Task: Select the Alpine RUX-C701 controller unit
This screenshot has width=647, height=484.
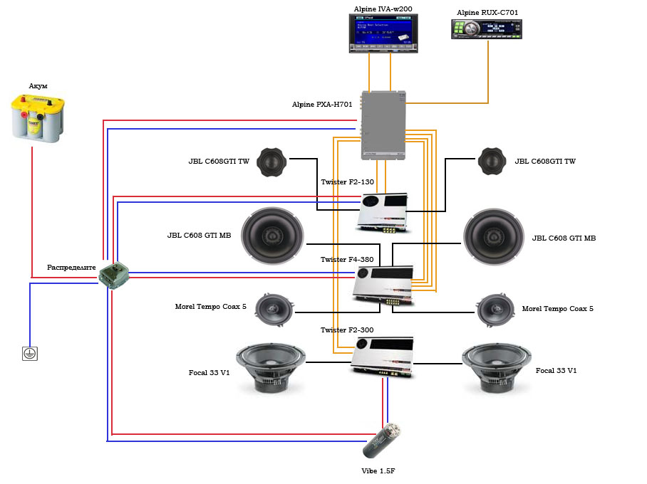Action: click(488, 29)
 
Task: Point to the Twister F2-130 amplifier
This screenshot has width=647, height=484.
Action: click(383, 212)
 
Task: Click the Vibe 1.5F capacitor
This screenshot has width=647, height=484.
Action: click(382, 441)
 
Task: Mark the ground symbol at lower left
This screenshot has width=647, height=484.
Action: click(29, 353)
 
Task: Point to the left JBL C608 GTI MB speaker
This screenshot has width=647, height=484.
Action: click(272, 236)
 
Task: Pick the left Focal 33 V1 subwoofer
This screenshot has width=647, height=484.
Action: click(271, 367)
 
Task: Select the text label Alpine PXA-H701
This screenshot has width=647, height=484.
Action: click(322, 105)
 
